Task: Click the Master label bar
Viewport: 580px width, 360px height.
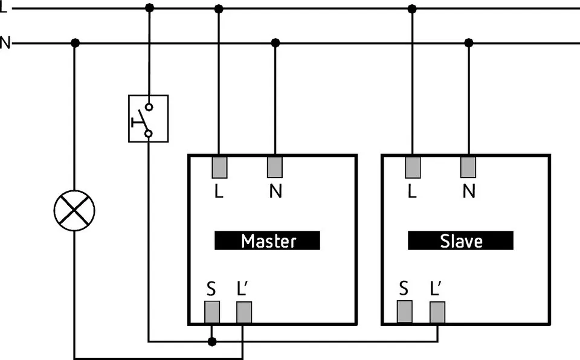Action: tap(267, 240)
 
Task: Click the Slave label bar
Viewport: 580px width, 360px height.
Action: tap(460, 240)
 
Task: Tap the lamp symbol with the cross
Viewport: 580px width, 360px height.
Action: tap(74, 210)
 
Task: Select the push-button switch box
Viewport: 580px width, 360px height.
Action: tap(148, 118)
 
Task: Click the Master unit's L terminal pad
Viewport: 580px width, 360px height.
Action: tap(219, 167)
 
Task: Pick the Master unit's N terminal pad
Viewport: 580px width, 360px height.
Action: tap(275, 167)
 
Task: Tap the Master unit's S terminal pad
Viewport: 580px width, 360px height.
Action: tap(211, 312)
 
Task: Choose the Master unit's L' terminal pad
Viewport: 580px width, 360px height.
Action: tap(243, 312)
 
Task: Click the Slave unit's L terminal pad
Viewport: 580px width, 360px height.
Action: tap(412, 167)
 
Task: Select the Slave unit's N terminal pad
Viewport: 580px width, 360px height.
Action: tap(468, 167)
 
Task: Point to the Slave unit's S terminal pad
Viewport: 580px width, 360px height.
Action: tap(404, 312)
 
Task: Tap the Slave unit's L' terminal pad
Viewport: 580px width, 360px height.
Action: tap(437, 312)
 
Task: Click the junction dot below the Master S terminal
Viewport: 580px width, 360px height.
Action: tap(211, 342)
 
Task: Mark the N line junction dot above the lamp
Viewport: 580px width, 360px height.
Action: tap(75, 43)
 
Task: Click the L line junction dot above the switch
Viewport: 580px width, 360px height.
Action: tap(149, 8)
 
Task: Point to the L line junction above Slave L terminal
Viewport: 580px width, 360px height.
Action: tap(412, 8)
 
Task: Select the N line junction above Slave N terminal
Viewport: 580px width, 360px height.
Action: tap(468, 43)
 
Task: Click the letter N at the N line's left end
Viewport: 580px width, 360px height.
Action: tap(5, 43)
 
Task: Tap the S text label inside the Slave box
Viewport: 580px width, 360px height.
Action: tap(404, 289)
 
